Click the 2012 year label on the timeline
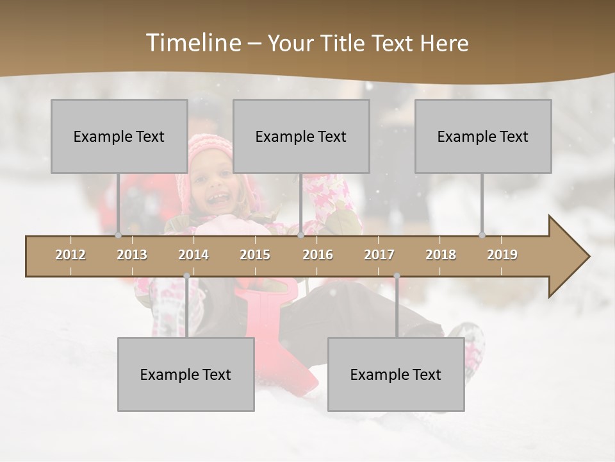point(70,255)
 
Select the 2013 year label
point(132,255)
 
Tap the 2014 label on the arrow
point(193,255)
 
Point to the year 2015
point(255,255)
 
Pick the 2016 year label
point(318,255)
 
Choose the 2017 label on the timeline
point(379,255)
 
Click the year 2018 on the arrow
point(441,255)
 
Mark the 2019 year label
point(502,255)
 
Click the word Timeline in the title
point(192,43)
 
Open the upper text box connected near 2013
point(119,136)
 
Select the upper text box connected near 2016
point(301,136)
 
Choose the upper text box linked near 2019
point(483,136)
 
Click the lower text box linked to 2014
point(186,374)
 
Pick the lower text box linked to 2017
point(396,374)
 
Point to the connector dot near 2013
point(118,235)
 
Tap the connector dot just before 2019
point(482,235)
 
